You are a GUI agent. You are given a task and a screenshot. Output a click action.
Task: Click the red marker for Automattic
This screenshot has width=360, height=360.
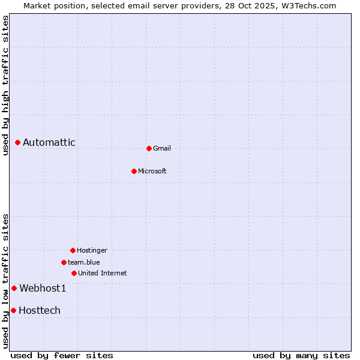click(x=18, y=142)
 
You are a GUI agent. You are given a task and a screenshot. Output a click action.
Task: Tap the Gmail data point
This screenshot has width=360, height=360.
click(x=149, y=148)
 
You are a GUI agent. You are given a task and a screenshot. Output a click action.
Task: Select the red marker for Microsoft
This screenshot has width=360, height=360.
click(x=134, y=171)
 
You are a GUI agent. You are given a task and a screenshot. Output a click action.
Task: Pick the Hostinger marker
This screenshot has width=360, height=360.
click(x=73, y=250)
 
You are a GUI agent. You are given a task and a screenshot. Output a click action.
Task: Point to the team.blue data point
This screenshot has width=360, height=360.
click(x=64, y=262)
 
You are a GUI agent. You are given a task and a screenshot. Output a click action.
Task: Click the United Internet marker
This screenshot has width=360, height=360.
click(x=74, y=273)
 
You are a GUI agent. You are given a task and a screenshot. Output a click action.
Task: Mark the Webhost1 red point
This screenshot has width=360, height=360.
click(x=14, y=288)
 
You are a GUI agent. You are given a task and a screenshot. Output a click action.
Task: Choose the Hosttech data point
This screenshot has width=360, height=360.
click(x=13, y=310)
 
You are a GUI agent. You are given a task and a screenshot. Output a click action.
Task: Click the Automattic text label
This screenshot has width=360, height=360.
click(x=49, y=142)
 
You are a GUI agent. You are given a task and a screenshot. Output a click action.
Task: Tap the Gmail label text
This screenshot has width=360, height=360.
click(x=162, y=148)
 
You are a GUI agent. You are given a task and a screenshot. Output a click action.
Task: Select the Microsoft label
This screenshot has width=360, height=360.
click(x=152, y=171)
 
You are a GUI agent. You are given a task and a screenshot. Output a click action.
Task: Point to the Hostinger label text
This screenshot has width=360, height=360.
click(x=92, y=250)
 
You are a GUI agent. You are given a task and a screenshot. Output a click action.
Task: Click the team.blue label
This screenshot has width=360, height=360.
click(x=84, y=262)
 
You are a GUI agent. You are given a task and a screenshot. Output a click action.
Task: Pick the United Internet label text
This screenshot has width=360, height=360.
click(x=103, y=273)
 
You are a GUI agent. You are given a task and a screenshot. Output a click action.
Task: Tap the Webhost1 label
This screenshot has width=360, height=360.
click(x=43, y=288)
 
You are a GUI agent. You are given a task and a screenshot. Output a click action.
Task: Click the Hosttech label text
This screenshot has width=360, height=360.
click(x=40, y=310)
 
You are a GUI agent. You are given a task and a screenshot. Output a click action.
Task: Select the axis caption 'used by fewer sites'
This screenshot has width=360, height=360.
click(x=62, y=355)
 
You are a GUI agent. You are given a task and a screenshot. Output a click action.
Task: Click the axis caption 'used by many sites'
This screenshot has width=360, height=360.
click(x=301, y=355)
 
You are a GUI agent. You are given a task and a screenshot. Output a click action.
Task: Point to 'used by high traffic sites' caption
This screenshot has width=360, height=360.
click(x=5, y=85)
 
